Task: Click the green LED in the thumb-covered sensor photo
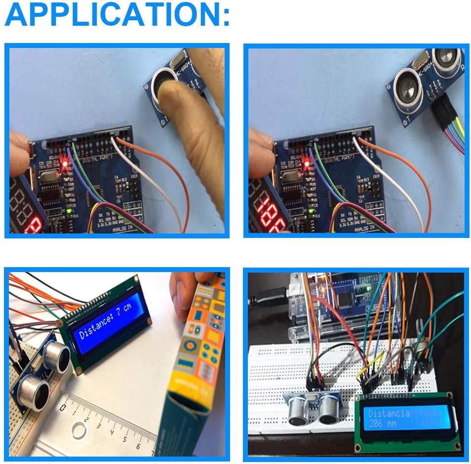point(70,213)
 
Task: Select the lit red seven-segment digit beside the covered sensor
point(34,228)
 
